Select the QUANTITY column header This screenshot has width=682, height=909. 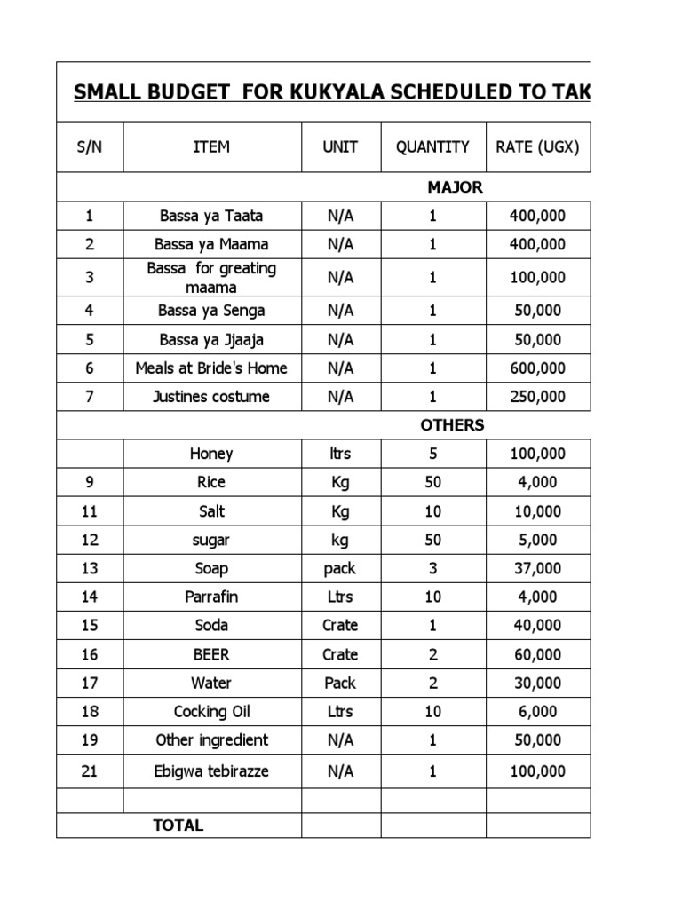432,146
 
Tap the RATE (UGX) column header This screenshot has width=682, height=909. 537,146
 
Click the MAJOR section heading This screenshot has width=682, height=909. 455,187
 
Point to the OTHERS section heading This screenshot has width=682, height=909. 452,424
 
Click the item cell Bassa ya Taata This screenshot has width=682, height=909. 211,216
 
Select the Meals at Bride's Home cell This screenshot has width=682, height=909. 211,368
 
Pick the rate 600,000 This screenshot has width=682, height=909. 537,368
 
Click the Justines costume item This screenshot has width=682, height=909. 211,396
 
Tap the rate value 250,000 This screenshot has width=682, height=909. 537,396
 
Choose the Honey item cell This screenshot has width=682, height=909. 211,454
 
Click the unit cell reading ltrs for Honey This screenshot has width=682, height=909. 340,454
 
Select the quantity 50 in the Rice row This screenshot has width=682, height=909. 432,482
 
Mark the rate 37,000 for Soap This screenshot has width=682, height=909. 537,568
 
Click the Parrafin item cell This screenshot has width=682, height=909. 211,597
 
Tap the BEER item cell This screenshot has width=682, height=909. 211,654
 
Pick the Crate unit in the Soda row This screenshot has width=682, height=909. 340,625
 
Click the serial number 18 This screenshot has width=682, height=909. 90,711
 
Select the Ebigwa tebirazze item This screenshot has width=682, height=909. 211,771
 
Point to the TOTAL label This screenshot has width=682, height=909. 178,825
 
